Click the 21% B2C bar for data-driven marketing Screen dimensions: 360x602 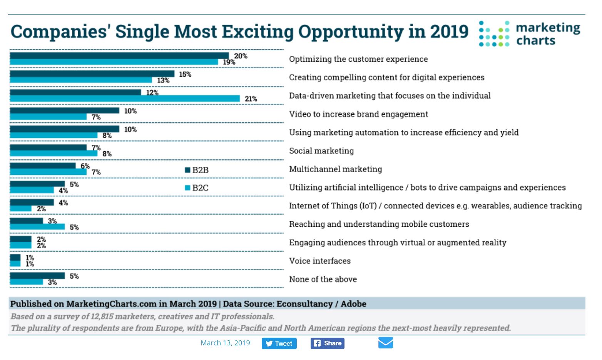(125, 99)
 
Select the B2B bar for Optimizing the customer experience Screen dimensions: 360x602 (119, 56)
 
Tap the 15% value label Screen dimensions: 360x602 (185, 74)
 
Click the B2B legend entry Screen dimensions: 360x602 (197, 170)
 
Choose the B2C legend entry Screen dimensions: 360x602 (197, 188)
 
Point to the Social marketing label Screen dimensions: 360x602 (321, 151)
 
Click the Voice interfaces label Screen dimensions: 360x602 (320, 261)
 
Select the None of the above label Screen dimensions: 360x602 (323, 280)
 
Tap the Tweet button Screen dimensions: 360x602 (279, 343)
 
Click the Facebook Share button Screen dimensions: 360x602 (328, 343)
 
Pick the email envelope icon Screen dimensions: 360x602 (385, 342)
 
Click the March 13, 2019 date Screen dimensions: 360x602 (225, 343)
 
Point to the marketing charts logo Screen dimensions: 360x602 (529, 34)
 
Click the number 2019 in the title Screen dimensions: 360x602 (449, 32)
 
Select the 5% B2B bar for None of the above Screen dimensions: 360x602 (37, 276)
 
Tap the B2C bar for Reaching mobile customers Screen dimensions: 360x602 (37, 227)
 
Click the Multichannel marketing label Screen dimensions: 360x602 (336, 169)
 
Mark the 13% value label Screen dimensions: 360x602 (163, 80)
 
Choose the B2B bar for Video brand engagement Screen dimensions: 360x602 (65, 111)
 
